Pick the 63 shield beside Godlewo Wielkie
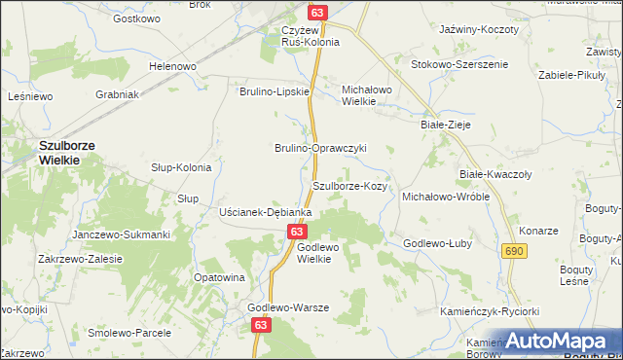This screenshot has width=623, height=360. (298, 232)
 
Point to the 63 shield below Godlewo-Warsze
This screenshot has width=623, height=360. (260, 329)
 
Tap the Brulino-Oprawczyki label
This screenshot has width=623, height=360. (319, 148)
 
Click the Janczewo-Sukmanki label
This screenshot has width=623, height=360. (122, 234)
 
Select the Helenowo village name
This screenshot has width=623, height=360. (172, 66)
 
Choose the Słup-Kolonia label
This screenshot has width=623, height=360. (181, 167)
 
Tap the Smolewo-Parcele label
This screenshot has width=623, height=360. (129, 332)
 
